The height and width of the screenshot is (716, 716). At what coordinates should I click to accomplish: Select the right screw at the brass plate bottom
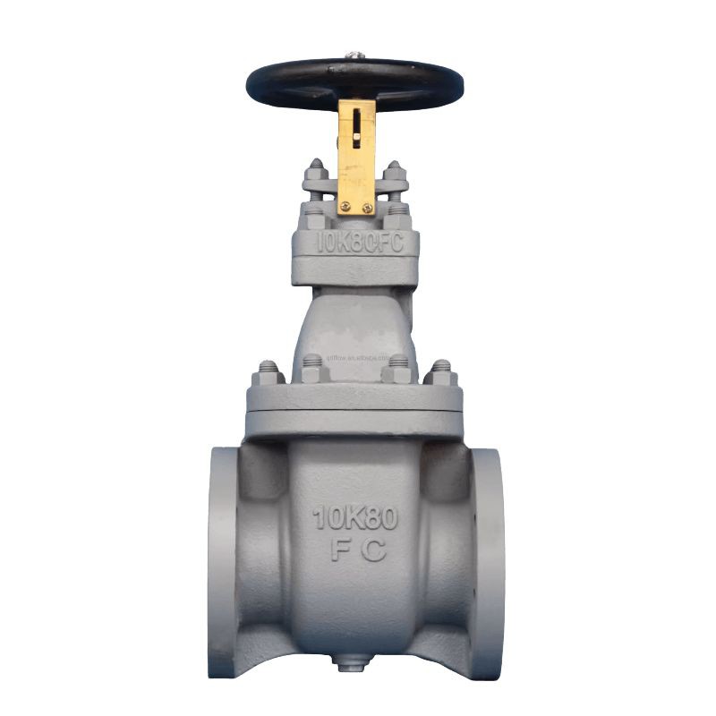(367, 208)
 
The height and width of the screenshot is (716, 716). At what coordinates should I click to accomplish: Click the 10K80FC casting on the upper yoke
(355, 243)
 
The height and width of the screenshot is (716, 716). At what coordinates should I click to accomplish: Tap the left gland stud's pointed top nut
(315, 167)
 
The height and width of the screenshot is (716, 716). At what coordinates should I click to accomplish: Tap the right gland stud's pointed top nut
(395, 167)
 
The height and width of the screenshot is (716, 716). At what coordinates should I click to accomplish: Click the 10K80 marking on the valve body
(355, 517)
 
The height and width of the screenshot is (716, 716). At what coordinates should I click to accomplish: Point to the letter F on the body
(338, 550)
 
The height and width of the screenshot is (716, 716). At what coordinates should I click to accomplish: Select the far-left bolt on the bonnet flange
(268, 370)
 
